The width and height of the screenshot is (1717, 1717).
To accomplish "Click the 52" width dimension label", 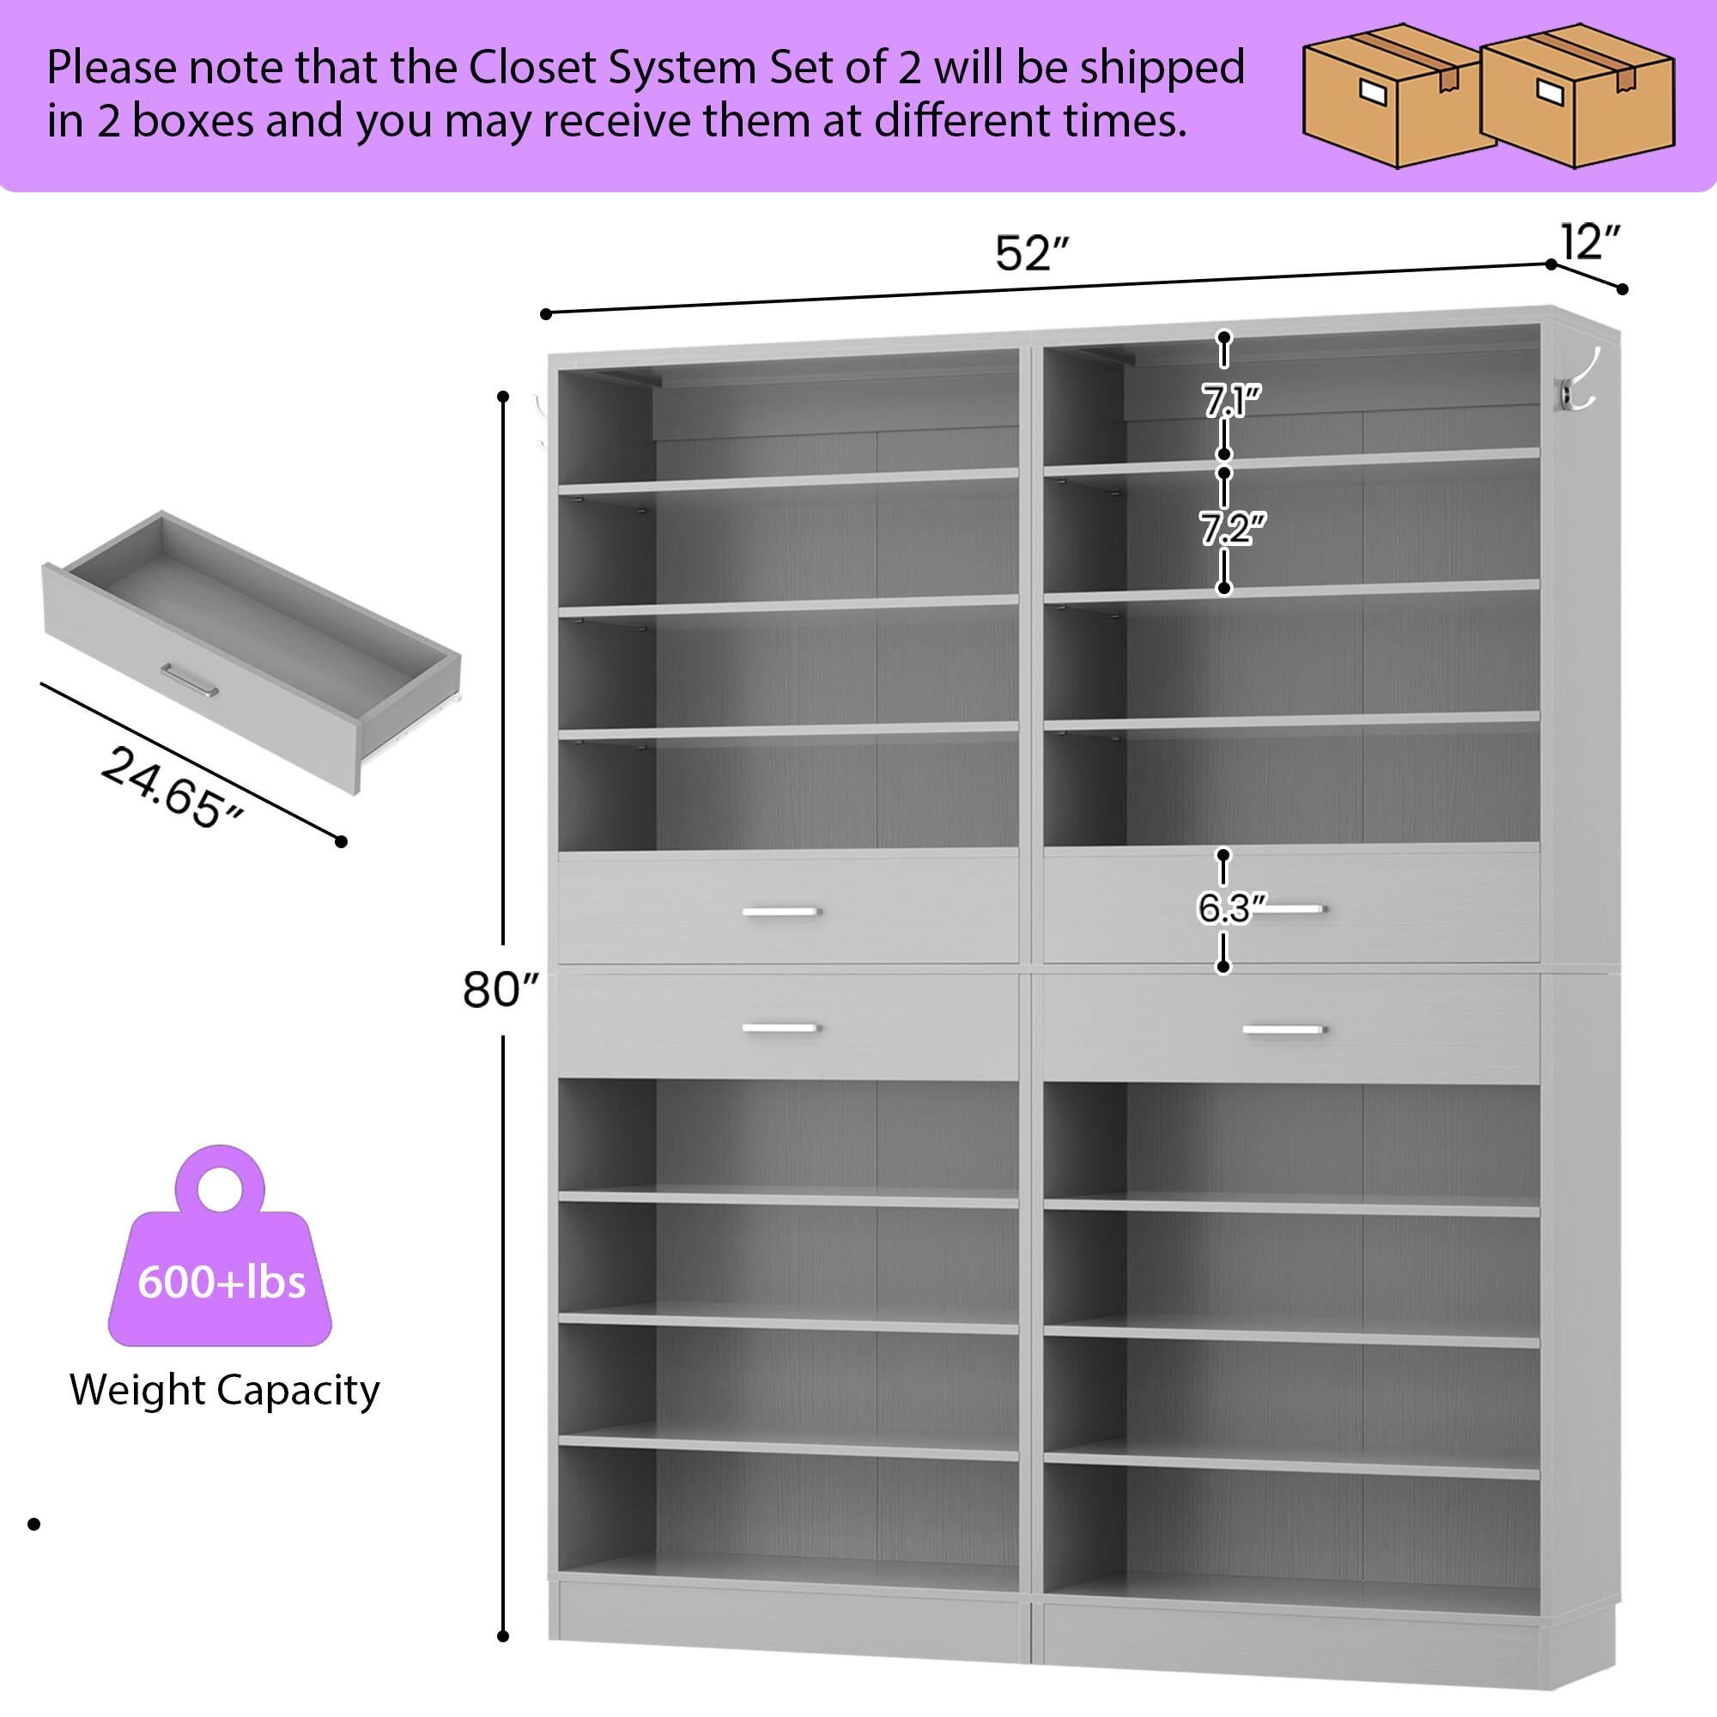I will [x=1031, y=254].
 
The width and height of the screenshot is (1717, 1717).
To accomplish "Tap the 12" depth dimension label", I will [x=1590, y=242].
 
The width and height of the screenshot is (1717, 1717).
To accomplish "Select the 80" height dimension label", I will [x=501, y=989].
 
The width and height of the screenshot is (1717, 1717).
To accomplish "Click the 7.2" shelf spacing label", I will [x=1232, y=530].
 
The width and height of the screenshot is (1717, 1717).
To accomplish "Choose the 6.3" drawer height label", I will [x=1229, y=908].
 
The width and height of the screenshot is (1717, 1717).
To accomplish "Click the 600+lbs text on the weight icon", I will [x=221, y=1283].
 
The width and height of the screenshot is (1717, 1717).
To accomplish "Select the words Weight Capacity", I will [x=225, y=1390].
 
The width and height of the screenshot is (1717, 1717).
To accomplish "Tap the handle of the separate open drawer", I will [x=191, y=680].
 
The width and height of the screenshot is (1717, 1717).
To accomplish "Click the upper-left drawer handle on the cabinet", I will [x=780, y=912].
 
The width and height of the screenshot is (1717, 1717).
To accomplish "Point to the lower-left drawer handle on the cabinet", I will [x=780, y=1028].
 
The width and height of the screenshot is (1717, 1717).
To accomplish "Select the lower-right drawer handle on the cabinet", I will [x=1283, y=1030].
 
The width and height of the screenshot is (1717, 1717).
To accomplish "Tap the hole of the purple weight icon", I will [x=219, y=1188].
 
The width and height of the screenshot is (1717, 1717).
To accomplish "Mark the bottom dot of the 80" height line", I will [x=503, y=1636].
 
